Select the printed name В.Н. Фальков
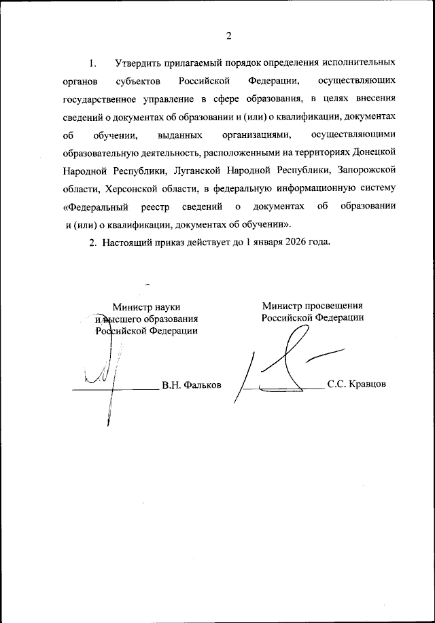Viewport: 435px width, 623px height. pyautogui.click(x=191, y=385)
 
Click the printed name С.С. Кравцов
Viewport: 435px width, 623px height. pyautogui.click(x=356, y=384)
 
